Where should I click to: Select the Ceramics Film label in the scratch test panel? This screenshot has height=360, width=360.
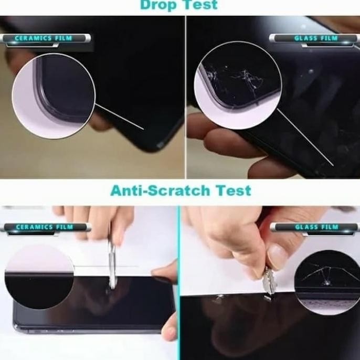[x=44, y=227]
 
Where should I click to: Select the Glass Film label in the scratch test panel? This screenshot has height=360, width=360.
[x=316, y=227]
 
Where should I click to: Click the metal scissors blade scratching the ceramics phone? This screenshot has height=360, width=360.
[x=111, y=265]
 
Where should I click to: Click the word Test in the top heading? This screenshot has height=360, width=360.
[x=200, y=6]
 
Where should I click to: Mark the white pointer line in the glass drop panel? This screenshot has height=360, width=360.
[x=304, y=136]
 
